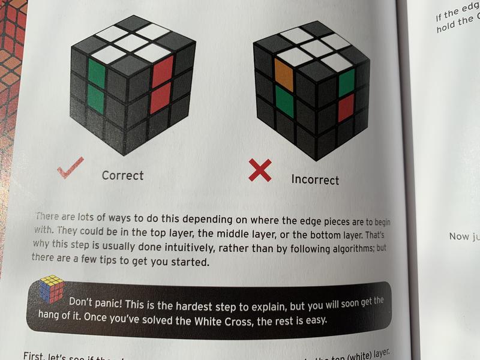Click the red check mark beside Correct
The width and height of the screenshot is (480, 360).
[x=71, y=170]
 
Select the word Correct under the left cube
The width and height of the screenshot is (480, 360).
[x=122, y=175]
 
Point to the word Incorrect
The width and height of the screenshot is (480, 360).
[x=315, y=179]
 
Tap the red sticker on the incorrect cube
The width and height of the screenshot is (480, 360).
[x=346, y=108]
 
